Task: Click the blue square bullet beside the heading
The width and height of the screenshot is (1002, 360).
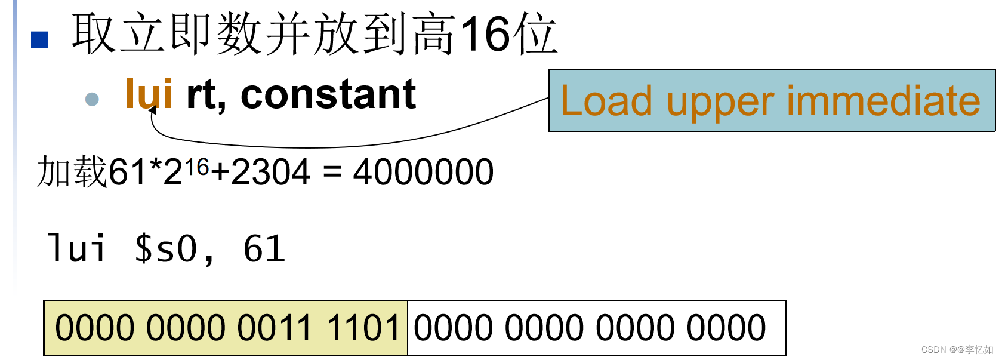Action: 39,39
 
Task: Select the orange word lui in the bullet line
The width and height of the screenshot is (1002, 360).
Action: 149,94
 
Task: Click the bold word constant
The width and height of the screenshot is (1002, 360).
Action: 328,94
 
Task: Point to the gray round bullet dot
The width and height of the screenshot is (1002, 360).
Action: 92,99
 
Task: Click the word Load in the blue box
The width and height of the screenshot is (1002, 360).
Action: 606,101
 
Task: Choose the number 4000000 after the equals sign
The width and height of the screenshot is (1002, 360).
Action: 423,172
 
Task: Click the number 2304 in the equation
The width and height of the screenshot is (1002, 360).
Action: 270,172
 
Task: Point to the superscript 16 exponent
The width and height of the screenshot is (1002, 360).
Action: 196,167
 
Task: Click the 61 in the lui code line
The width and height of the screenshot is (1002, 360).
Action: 264,248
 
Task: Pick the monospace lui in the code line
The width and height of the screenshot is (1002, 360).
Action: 76,248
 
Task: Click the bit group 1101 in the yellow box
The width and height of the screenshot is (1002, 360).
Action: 363,328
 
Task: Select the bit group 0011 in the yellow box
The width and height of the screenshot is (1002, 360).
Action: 275,328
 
